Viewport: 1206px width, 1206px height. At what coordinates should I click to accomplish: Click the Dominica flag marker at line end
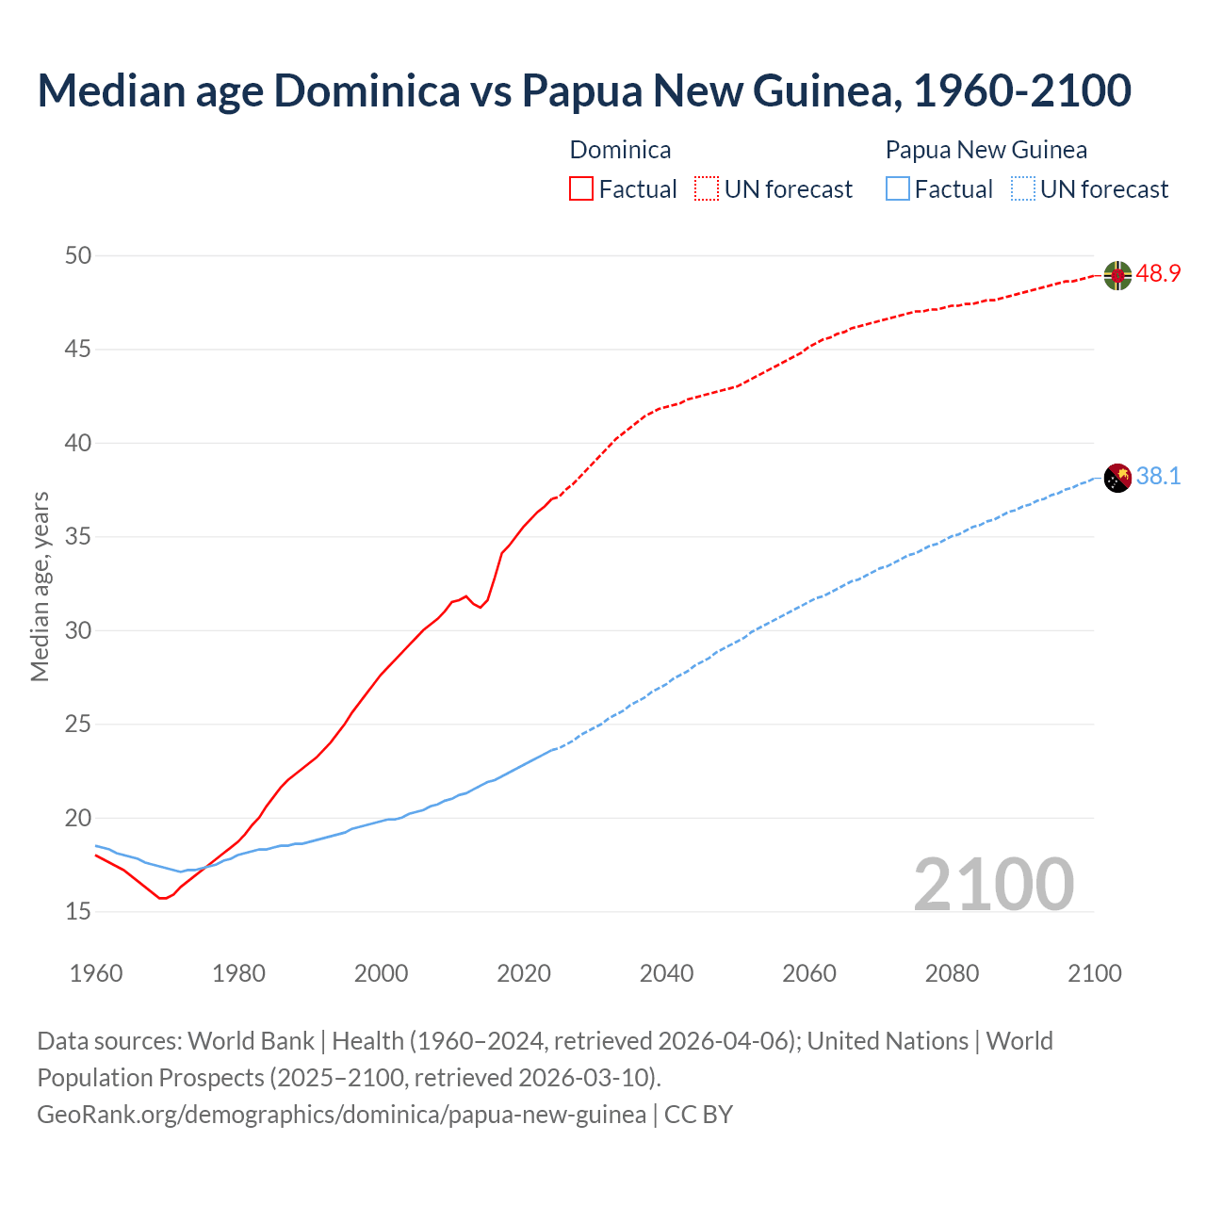coord(1117,275)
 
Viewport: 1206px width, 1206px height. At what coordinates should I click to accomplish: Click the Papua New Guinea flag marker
coord(1117,478)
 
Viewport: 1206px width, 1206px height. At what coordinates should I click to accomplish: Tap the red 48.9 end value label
coord(1158,274)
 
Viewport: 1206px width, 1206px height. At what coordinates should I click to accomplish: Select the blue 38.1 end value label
coord(1158,477)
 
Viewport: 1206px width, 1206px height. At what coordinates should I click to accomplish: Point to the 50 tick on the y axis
coord(79,255)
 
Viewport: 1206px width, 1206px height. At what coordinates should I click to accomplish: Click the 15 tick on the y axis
coord(79,911)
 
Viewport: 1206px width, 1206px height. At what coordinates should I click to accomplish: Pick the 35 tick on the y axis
coord(79,537)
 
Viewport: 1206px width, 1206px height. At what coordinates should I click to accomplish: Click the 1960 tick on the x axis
coord(96,973)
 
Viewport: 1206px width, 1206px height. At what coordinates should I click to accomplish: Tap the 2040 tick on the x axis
coord(666,973)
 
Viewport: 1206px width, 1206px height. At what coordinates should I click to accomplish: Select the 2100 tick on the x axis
coord(1094,973)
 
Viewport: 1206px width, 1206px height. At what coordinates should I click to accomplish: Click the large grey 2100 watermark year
coord(993,884)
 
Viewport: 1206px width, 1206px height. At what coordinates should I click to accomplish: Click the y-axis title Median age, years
coord(40,586)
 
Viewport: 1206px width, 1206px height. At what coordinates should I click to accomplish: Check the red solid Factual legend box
coord(581,189)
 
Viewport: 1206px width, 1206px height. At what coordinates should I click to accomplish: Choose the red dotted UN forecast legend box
coord(707,189)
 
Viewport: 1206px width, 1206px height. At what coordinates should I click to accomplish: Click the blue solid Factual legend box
coord(898,189)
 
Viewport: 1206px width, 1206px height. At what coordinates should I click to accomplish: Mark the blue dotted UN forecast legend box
coord(1022,189)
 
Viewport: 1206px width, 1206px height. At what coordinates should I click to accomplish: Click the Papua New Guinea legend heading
coord(986,150)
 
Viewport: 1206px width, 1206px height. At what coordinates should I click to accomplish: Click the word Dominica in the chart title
coord(367,90)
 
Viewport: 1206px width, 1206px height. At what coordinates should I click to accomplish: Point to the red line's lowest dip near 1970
coord(162,898)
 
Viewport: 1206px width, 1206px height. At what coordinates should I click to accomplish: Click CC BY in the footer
coord(698,1115)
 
